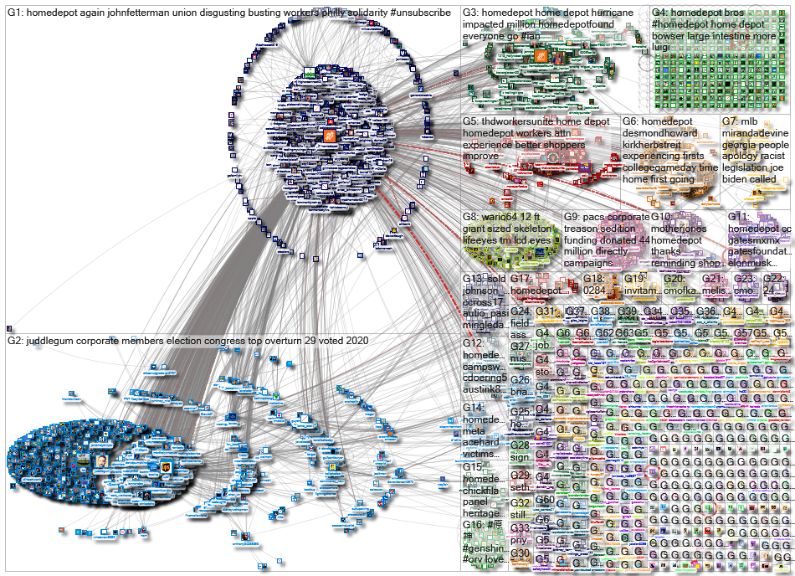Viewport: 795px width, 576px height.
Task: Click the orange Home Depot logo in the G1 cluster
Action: pos(330,136)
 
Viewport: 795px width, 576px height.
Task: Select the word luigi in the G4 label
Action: pos(662,49)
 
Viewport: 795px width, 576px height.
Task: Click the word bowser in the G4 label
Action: pos(671,37)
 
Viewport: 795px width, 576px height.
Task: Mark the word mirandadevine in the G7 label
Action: pos(753,133)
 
